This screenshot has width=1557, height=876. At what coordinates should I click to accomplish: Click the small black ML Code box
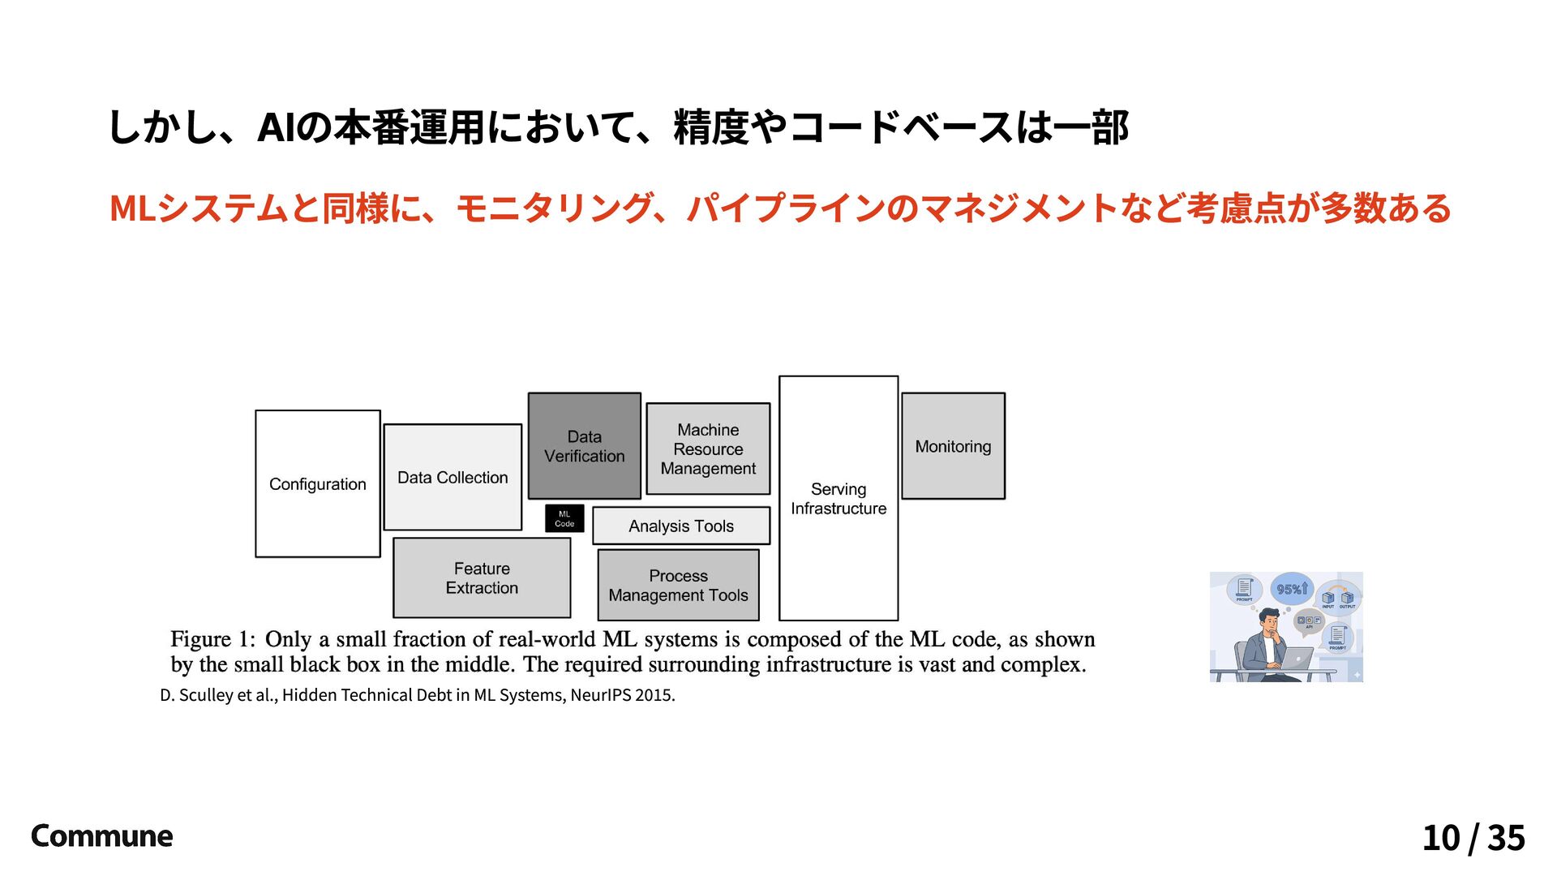[x=564, y=518]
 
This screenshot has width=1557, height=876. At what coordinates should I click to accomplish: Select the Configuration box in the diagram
[x=318, y=483]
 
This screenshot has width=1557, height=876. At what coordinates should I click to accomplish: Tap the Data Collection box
[x=453, y=477]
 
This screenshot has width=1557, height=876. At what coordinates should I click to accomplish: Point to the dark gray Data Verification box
[x=584, y=446]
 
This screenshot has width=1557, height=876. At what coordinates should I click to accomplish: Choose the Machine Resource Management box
[x=708, y=449]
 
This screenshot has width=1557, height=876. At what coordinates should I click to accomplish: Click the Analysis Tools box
[x=681, y=526]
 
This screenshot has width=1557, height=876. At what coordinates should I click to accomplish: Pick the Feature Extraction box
[x=482, y=578]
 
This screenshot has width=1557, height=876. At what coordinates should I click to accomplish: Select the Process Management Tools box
[x=678, y=585]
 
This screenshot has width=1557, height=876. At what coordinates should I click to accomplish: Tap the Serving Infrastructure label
[x=839, y=499]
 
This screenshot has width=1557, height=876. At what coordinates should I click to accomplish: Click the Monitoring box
[x=953, y=446]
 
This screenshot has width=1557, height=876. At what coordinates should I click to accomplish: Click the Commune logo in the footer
[x=101, y=836]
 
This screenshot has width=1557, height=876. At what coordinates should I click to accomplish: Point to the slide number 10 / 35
[x=1473, y=838]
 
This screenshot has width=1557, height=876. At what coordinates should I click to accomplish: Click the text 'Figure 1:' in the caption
[x=212, y=640]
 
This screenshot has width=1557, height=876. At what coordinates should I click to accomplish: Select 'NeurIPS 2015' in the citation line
[x=622, y=695]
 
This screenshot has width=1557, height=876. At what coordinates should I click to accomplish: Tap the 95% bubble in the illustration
[x=1292, y=590]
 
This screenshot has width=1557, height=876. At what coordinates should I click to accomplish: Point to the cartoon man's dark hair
[x=1269, y=615]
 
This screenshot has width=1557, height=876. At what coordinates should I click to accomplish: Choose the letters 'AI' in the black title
[x=276, y=128]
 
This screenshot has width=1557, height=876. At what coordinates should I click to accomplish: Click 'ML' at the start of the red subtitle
[x=132, y=208]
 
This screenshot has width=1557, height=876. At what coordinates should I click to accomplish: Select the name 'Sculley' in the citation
[x=206, y=695]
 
